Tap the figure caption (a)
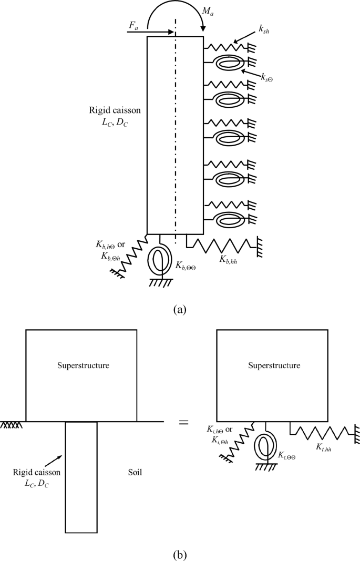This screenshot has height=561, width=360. tap(180, 309)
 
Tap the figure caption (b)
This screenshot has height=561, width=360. tap(180, 554)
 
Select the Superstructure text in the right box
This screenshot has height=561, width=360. tap(274, 365)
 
